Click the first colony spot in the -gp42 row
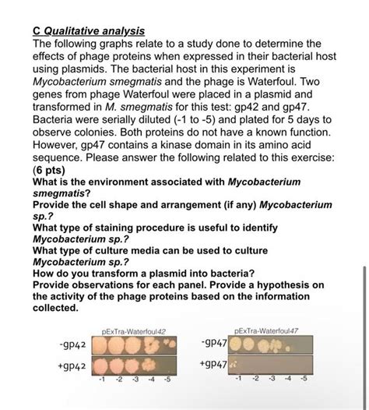click(x=103, y=344)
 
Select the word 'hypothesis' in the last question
click(x=283, y=285)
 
